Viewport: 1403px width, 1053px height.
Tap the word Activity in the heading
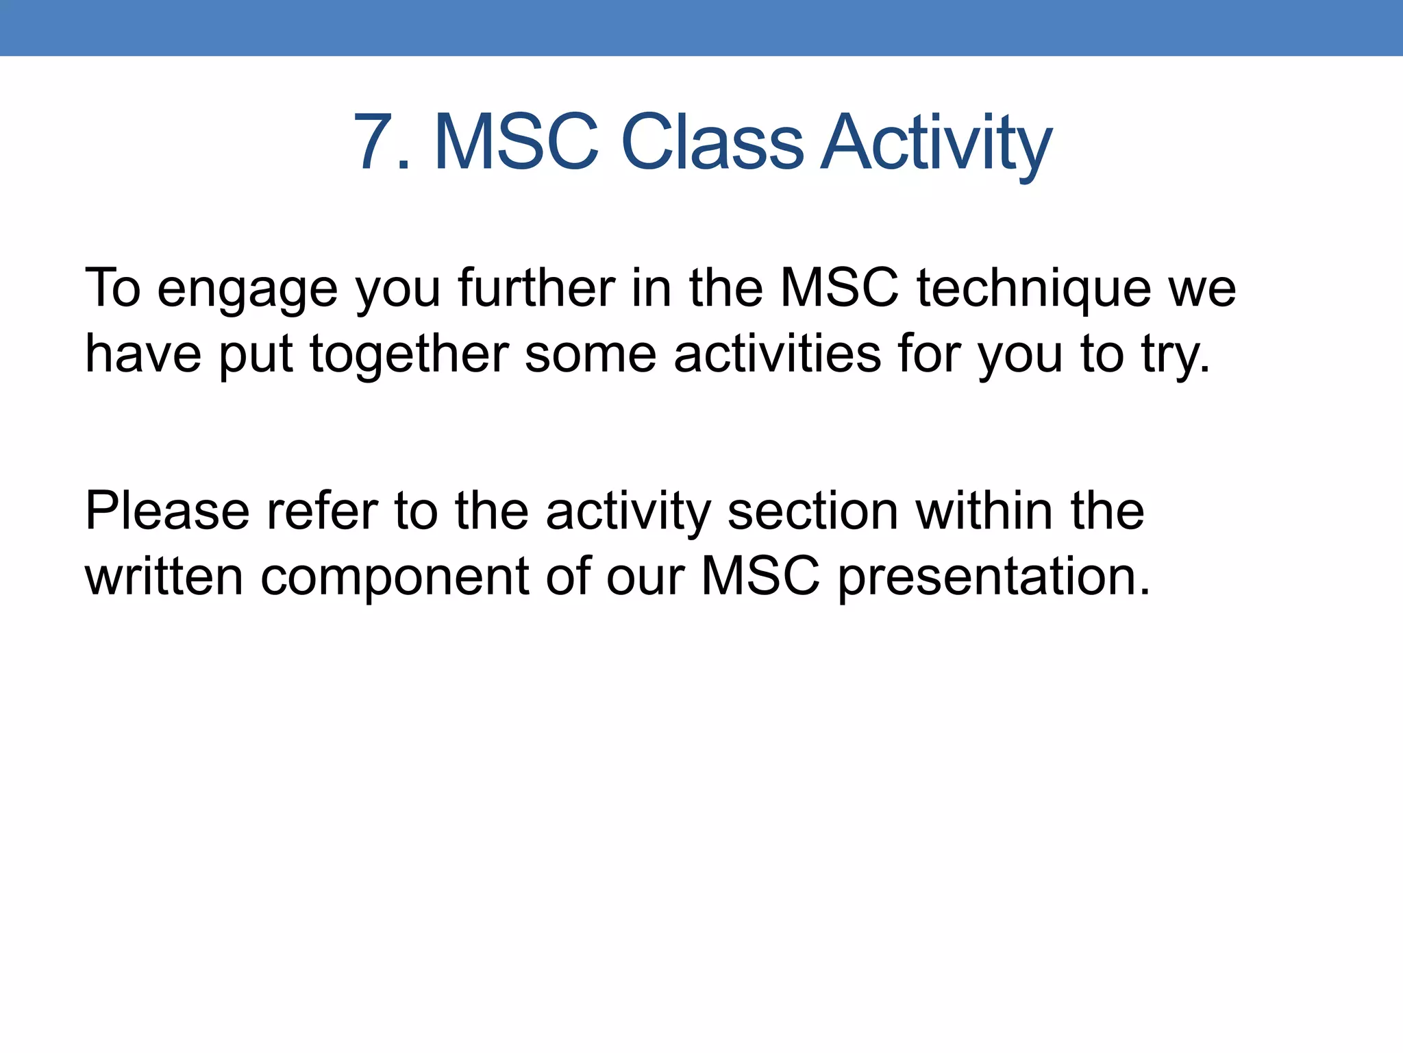point(936,144)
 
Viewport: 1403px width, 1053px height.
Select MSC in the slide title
point(517,143)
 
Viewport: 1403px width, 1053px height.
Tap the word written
point(164,577)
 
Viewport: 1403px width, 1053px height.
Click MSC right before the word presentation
point(760,577)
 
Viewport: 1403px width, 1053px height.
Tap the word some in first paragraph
point(591,355)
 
